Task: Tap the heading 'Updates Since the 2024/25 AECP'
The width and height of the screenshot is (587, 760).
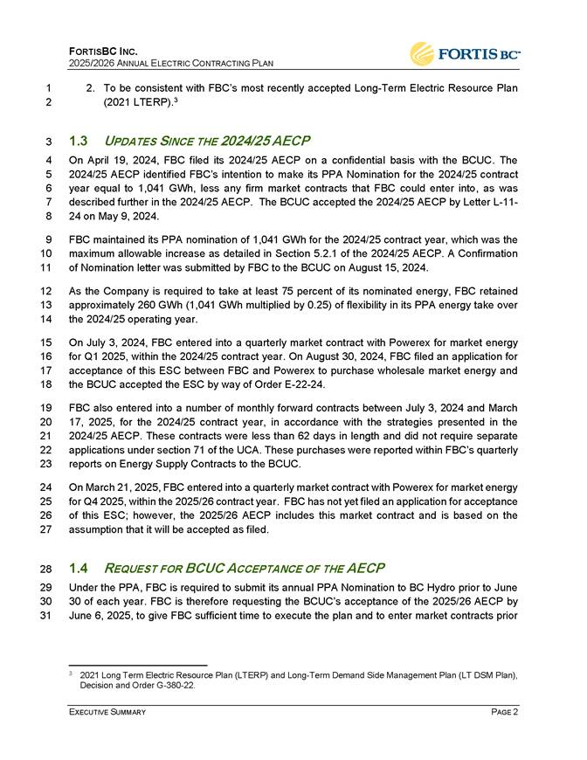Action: point(206,140)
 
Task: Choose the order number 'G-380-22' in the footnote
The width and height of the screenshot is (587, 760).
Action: point(177,685)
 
